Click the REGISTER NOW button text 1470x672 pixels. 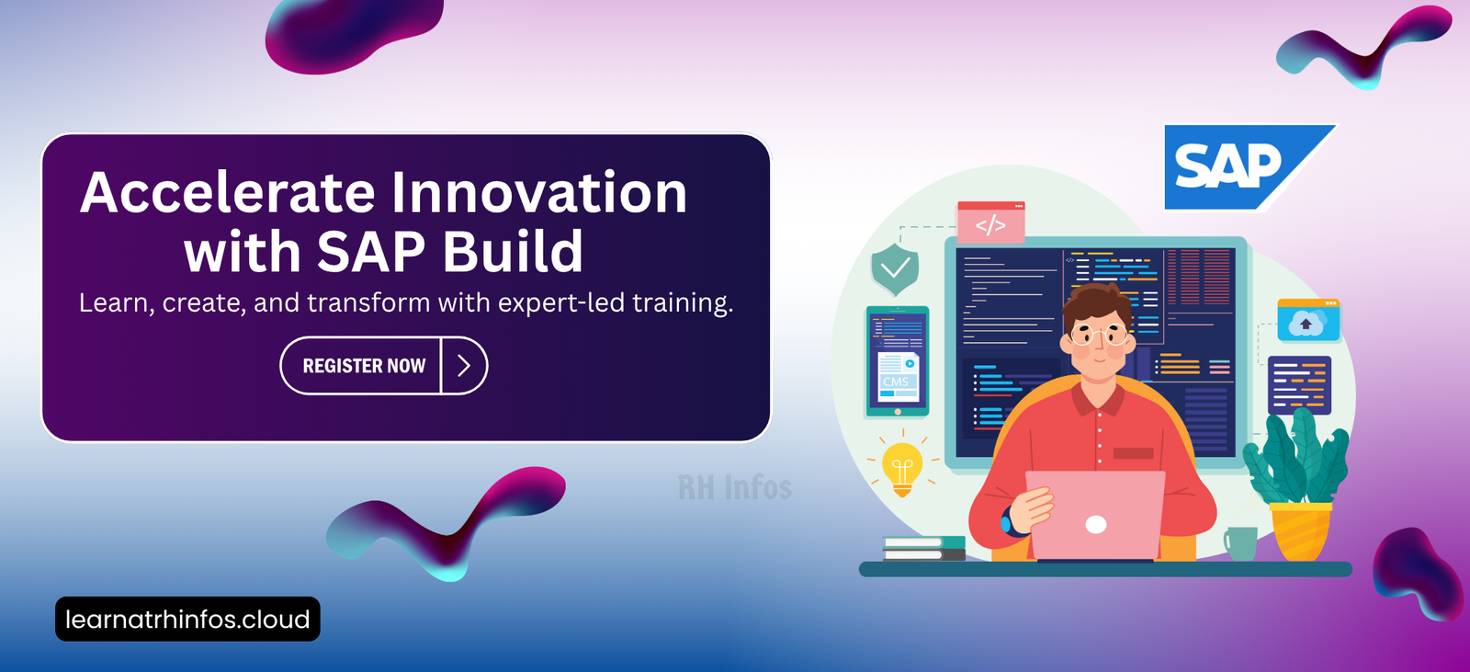[364, 366]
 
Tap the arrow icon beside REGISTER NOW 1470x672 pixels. [464, 366]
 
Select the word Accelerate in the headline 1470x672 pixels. [227, 192]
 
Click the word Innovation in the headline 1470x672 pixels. [539, 192]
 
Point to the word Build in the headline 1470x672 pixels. [513, 252]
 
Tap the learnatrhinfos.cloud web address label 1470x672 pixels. [187, 619]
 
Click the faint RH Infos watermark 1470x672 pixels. [735, 487]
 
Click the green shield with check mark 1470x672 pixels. [895, 268]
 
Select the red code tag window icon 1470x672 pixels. [991, 222]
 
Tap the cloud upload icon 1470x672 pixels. [1308, 321]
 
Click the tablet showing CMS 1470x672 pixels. [897, 361]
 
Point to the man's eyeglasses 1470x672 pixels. [1099, 336]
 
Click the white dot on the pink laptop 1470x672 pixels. [1096, 524]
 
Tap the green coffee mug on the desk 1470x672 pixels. [1240, 543]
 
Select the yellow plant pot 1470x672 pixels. [1301, 531]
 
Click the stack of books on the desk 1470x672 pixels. [924, 549]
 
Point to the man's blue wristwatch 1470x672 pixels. [1007, 521]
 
